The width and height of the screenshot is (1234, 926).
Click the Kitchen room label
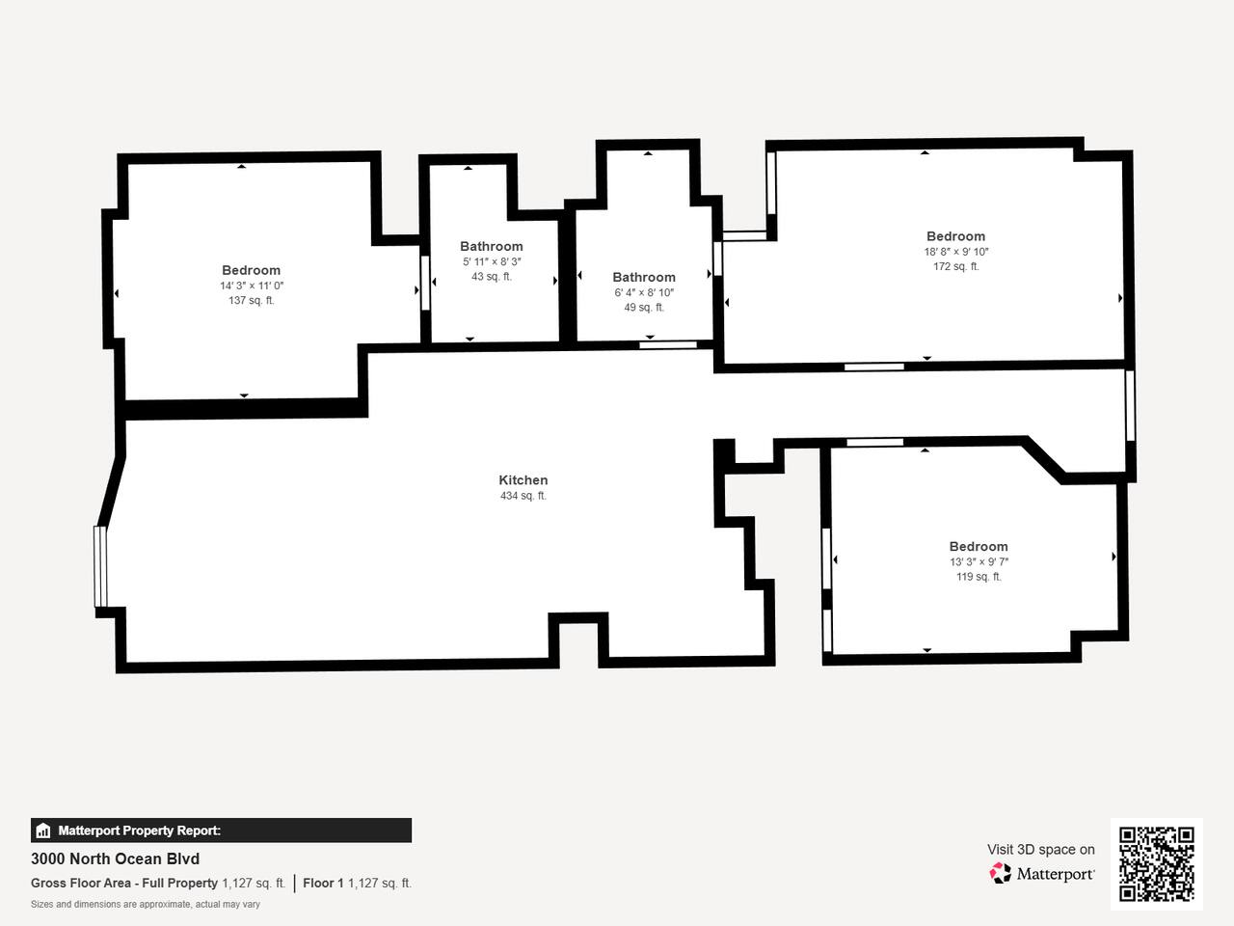coord(523,480)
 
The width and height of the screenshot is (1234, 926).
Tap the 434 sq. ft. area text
coord(523,496)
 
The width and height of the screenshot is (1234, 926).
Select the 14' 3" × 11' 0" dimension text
coord(252,286)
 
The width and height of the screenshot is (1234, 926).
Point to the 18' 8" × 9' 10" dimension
coord(955,252)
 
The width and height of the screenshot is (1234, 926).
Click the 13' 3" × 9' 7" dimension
coord(979,561)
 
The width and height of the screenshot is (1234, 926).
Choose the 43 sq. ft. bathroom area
coord(492,277)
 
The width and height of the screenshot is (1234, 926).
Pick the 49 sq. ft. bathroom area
coord(644,308)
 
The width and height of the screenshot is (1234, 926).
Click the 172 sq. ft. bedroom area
coord(955,266)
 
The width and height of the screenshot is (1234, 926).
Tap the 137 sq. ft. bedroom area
coord(252,300)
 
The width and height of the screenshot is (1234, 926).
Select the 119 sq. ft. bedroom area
coord(979,576)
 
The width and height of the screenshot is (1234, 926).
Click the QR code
coord(1157,864)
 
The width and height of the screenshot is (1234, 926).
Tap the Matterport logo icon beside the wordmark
coord(1000,873)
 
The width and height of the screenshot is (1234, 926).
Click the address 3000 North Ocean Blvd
coord(116,859)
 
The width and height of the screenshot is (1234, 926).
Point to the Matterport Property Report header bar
coord(221,831)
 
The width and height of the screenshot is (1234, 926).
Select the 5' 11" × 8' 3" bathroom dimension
coord(492,261)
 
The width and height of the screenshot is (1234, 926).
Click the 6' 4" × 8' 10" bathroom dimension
coord(644,292)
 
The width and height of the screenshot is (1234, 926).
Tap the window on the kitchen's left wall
coord(100,566)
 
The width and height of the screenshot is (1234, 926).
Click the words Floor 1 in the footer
coord(323,884)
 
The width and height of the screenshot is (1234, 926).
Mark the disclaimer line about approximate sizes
coord(145,905)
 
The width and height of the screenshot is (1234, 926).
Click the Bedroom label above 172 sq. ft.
coord(955,236)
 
